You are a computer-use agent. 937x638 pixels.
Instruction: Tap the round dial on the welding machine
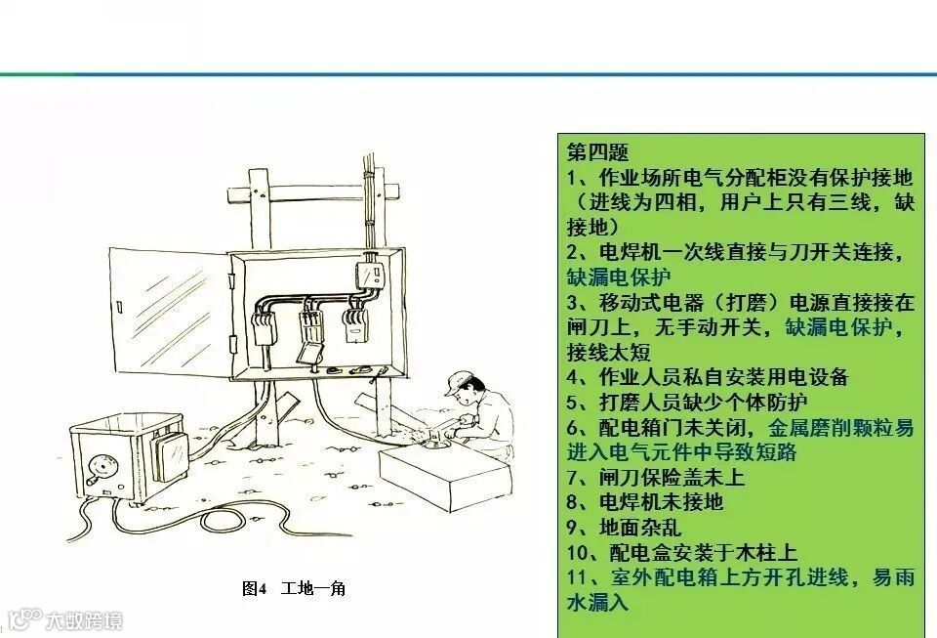click(100, 465)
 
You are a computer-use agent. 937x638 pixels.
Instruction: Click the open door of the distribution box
click(169, 312)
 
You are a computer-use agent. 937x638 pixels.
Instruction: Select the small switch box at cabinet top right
click(369, 275)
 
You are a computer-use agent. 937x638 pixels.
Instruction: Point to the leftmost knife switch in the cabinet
click(265, 327)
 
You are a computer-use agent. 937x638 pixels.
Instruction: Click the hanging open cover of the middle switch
click(310, 353)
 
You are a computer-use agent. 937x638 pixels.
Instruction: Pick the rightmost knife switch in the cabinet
click(355, 324)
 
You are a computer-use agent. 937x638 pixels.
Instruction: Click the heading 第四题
click(597, 151)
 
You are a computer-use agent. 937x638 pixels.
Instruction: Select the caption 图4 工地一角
click(294, 588)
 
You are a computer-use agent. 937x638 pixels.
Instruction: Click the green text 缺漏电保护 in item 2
click(619, 276)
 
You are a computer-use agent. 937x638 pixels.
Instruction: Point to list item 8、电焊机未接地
click(645, 501)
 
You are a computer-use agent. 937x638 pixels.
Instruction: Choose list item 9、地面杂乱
click(624, 527)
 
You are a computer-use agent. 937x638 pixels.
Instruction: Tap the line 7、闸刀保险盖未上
click(656, 477)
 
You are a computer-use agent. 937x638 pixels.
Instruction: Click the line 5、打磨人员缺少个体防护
click(687, 402)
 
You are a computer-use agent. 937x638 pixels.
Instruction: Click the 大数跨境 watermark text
click(84, 621)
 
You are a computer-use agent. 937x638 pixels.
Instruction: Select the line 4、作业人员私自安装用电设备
click(708, 377)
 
